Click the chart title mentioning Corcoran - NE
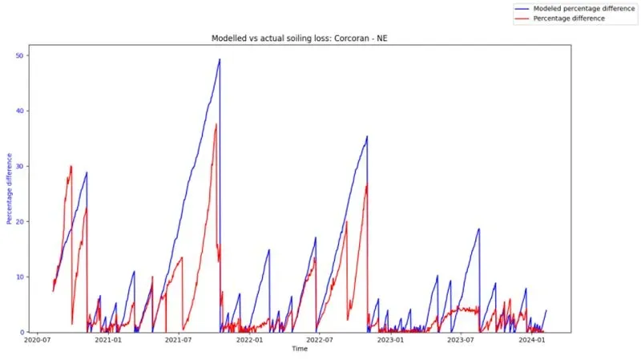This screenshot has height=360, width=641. coord(300,38)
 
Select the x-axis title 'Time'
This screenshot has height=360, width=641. coord(300,350)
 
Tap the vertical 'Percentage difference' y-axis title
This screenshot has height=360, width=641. coord(10,192)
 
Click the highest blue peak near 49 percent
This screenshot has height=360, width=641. coord(220,59)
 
